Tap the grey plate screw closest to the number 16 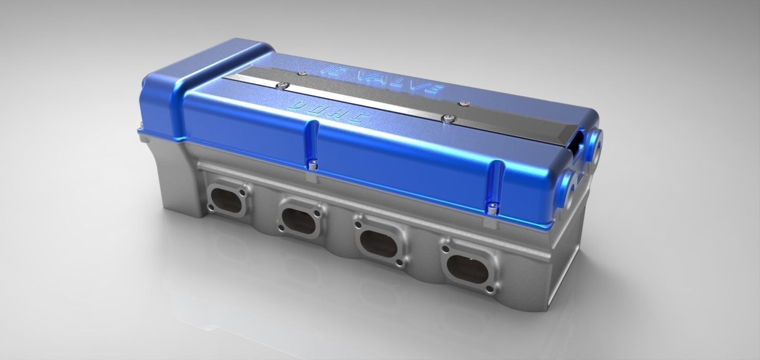(302, 73)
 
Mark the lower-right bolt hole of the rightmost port (485, 285)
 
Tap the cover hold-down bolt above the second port (312, 166)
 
